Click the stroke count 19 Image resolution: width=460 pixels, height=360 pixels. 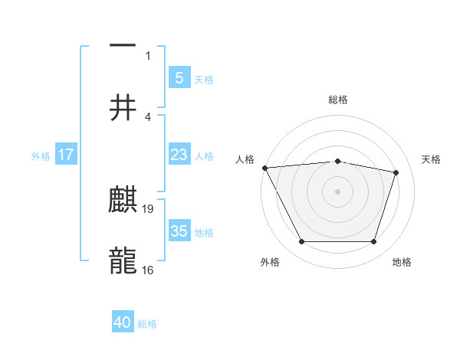(148, 208)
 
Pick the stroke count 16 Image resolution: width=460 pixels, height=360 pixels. (148, 270)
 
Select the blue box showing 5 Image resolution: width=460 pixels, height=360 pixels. (179, 78)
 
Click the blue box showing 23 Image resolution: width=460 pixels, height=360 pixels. (179, 155)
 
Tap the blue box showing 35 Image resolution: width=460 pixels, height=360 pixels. (179, 231)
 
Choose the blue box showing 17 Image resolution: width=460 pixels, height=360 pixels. (66, 155)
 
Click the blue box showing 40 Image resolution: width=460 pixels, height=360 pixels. (123, 322)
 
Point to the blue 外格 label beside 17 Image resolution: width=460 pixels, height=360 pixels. (41, 155)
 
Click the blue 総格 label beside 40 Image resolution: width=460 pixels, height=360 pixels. (147, 324)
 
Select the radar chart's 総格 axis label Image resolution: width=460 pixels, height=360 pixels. (337, 100)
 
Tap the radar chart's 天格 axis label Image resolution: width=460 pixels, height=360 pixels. (432, 159)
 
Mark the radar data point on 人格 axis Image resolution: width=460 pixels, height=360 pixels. (264, 168)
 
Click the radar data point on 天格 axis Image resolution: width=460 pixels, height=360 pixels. (396, 172)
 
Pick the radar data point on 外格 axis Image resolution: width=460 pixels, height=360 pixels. (301, 242)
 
